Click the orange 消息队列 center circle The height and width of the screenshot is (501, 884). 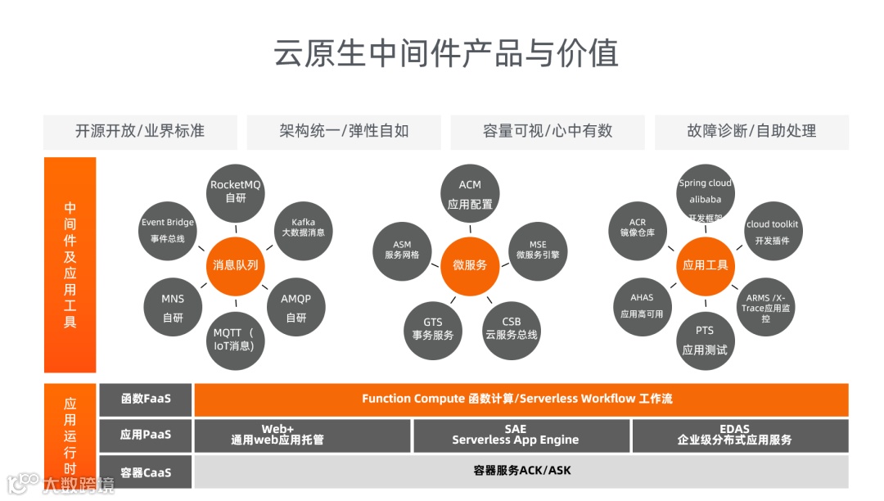pyautogui.click(x=235, y=265)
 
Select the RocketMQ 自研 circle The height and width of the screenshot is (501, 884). pyautogui.click(x=235, y=191)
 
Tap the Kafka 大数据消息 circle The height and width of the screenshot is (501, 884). pyautogui.click(x=303, y=227)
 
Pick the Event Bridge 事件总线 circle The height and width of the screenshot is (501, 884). pyautogui.click(x=168, y=230)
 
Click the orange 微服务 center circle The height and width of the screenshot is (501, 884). pyautogui.click(x=470, y=265)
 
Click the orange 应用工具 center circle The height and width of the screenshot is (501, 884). pyautogui.click(x=705, y=265)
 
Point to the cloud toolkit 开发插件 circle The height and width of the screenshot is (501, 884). pyautogui.click(x=772, y=232)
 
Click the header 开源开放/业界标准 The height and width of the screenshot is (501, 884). pyautogui.click(x=140, y=132)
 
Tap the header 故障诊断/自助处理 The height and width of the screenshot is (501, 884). pyautogui.click(x=751, y=132)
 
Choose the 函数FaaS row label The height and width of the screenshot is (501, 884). pyautogui.click(x=146, y=399)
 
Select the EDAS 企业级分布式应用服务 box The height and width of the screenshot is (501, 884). pyautogui.click(x=740, y=436)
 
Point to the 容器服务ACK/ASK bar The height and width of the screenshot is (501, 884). pyautogui.click(x=521, y=471)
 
